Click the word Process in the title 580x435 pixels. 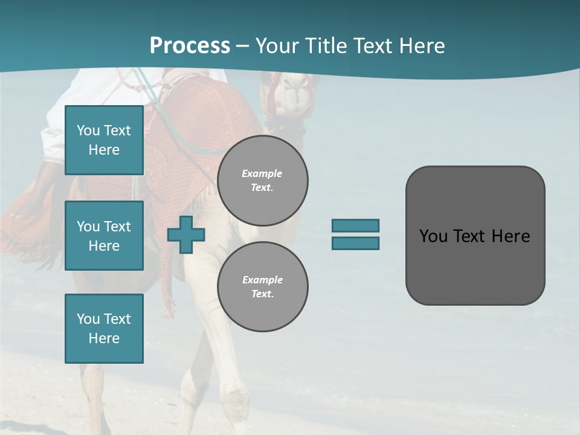pyautogui.click(x=190, y=46)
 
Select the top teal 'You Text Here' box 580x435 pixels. pyautogui.click(x=104, y=140)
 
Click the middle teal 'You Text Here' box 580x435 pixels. pyautogui.click(x=104, y=236)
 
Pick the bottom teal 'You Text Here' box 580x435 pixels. pyautogui.click(x=104, y=329)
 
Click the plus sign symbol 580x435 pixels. pyautogui.click(x=186, y=234)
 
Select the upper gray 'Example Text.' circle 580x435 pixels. pyautogui.click(x=263, y=180)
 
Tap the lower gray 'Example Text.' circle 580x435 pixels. pyautogui.click(x=263, y=286)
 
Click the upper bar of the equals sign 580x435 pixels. pyautogui.click(x=355, y=225)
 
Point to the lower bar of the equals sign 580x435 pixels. pyautogui.click(x=355, y=243)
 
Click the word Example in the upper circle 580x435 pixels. pyautogui.click(x=262, y=173)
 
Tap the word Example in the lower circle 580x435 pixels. pyautogui.click(x=262, y=280)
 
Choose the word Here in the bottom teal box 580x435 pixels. pyautogui.click(x=104, y=338)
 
